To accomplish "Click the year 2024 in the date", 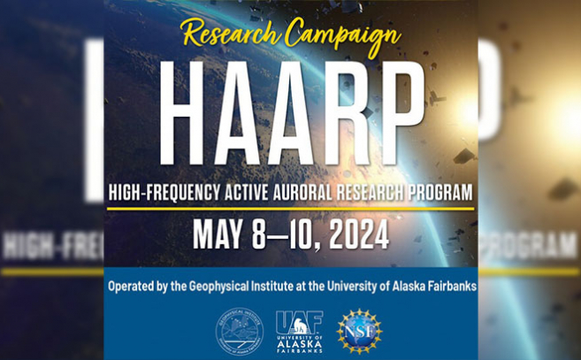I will (x=358, y=235).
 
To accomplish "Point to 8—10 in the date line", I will (x=283, y=235).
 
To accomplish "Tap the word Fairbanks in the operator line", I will (x=447, y=287).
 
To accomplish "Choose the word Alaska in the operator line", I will (x=395, y=287).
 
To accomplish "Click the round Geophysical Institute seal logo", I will (x=240, y=331).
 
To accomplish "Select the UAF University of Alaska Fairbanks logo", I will (x=299, y=331).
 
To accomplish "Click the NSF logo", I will (x=359, y=331).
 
